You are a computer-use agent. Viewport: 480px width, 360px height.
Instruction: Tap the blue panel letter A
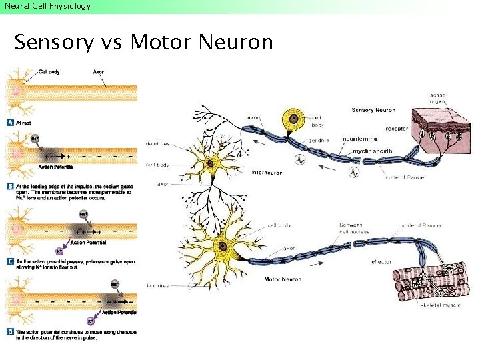(x=10, y=123)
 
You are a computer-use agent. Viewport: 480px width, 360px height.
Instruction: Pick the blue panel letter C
(x=10, y=261)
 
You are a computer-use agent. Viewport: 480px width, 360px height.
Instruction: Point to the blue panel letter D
(x=10, y=331)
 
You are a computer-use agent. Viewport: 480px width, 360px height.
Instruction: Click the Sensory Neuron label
(x=373, y=110)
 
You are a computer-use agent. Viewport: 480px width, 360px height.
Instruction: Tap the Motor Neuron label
(x=283, y=279)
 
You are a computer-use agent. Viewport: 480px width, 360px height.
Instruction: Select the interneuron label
(x=267, y=173)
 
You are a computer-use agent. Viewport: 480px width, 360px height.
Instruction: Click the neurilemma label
(x=359, y=139)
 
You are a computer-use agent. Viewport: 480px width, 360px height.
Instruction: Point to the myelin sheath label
(x=372, y=151)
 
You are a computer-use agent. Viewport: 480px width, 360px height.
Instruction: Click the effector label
(x=381, y=262)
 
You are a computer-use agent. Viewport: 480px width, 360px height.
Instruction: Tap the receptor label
(x=397, y=128)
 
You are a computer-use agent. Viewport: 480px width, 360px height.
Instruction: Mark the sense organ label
(x=437, y=99)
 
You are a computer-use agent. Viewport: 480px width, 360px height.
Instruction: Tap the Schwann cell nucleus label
(x=353, y=229)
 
